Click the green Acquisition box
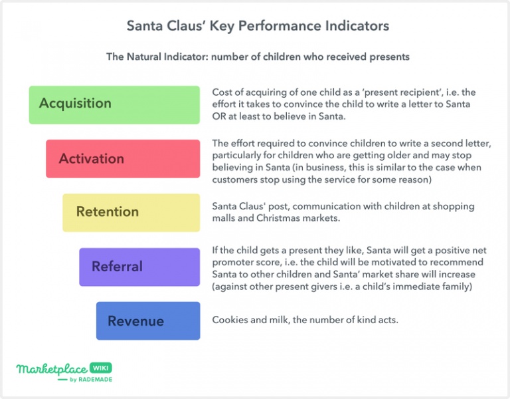click(114, 105)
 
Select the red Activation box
click(123, 159)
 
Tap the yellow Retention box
click(131, 213)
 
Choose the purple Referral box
click(139, 267)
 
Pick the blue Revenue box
click(148, 321)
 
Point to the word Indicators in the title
click(357, 25)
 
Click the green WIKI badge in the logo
click(100, 368)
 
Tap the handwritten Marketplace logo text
click(52, 369)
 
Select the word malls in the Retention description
click(223, 218)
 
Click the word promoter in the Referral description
click(230, 262)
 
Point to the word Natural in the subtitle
click(143, 57)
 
